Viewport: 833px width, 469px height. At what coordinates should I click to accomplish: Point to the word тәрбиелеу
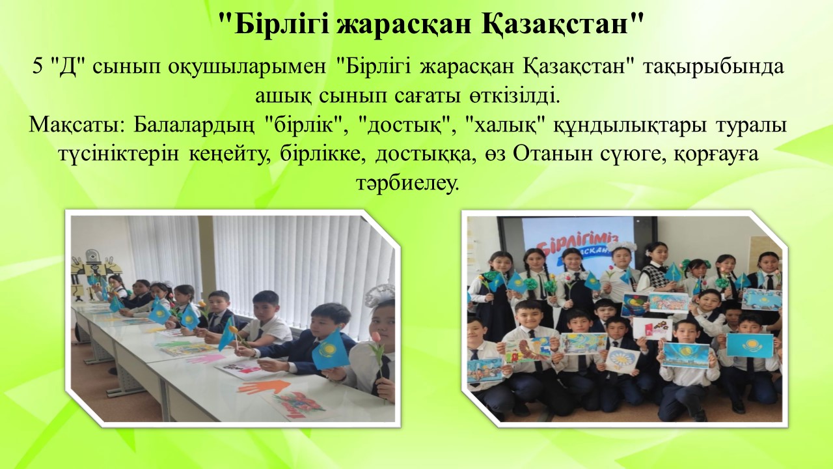click(x=407, y=184)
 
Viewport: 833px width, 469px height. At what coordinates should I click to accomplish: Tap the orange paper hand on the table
click(x=266, y=386)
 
